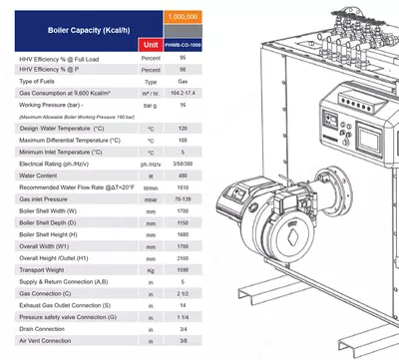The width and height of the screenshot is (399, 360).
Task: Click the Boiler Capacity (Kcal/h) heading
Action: [x=76, y=31]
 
